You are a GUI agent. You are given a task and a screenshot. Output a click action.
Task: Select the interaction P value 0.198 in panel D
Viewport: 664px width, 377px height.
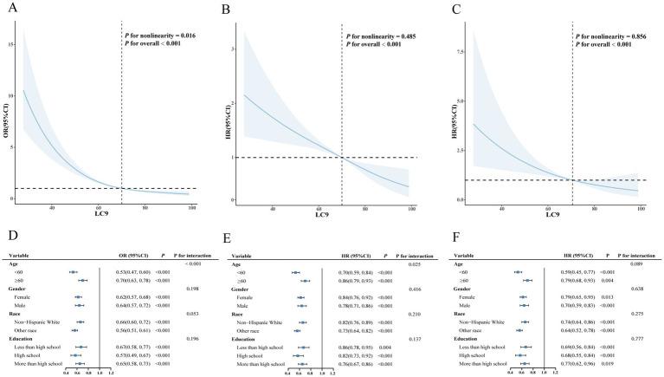[193, 289]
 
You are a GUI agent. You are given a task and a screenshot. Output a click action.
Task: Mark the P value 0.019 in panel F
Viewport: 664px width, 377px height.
[609, 363]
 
